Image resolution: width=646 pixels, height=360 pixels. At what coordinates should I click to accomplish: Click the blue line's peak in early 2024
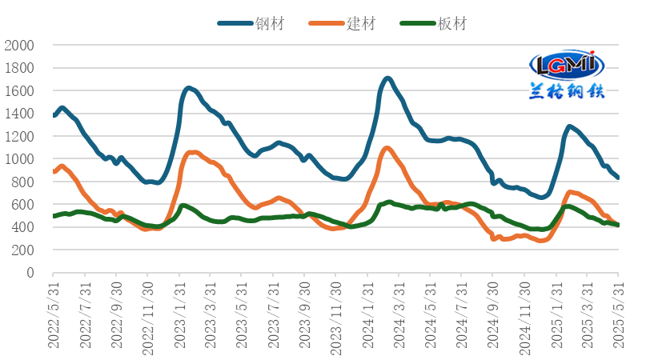[387, 78]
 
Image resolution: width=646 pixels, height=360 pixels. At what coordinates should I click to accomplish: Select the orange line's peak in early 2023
[193, 152]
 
